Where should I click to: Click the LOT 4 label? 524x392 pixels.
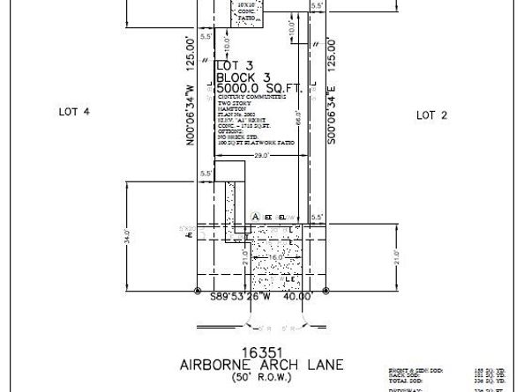(x=75, y=112)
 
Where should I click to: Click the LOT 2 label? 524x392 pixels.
(x=432, y=115)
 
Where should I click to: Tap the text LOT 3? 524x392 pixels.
(x=235, y=64)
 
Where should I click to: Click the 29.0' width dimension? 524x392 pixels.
(x=262, y=156)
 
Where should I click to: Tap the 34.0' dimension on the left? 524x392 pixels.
(x=128, y=238)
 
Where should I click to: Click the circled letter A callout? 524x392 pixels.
(x=256, y=215)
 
